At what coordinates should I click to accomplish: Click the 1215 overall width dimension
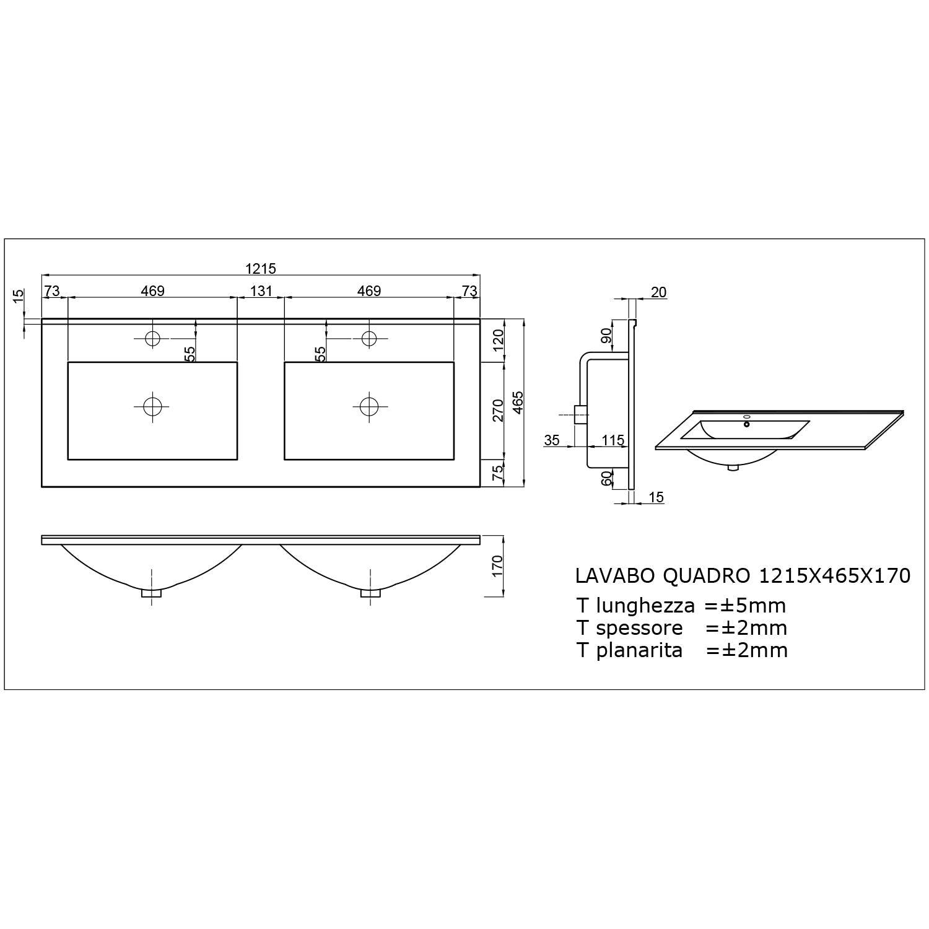[x=260, y=268]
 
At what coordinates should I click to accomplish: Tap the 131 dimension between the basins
[x=261, y=290]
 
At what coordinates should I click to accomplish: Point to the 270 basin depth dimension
[x=498, y=410]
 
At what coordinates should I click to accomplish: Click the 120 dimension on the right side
[x=498, y=340]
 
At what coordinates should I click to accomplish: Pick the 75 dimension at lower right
[x=498, y=473]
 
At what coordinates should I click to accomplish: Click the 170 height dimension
[x=498, y=566]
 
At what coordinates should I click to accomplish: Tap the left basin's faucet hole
[x=152, y=338]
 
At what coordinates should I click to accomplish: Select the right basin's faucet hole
[x=369, y=338]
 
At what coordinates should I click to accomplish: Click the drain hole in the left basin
[x=152, y=406]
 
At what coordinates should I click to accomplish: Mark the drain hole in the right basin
[x=369, y=406]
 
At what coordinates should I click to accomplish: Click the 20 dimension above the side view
[x=659, y=292]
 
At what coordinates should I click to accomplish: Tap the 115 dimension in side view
[x=613, y=440]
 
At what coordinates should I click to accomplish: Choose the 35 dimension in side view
[x=552, y=440]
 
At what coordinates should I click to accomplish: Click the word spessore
[x=639, y=628]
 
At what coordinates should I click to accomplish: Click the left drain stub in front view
[x=152, y=593]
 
